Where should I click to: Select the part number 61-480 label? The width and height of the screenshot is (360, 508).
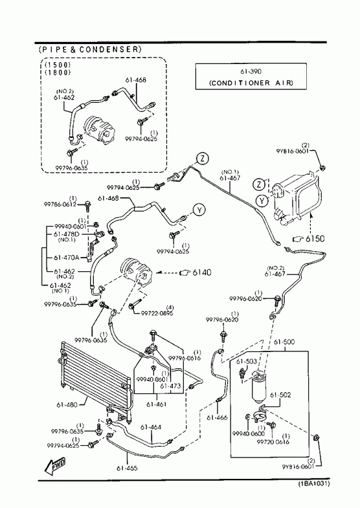[x=67, y=404]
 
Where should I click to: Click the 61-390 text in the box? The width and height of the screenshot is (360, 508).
[x=251, y=72]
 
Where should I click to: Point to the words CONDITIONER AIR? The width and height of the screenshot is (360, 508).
[x=251, y=83]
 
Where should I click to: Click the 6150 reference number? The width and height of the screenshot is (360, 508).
[x=315, y=239]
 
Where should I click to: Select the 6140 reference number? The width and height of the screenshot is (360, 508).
[x=201, y=272]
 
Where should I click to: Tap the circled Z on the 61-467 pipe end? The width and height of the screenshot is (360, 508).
[x=203, y=159]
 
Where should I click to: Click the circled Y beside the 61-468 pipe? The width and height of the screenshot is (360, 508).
[x=199, y=210]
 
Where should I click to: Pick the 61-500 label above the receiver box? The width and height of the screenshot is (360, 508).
[x=284, y=342]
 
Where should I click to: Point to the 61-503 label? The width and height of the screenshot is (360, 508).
[x=246, y=361]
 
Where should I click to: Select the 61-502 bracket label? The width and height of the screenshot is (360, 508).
[x=280, y=395]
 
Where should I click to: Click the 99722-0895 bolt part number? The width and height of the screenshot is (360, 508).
[x=157, y=313]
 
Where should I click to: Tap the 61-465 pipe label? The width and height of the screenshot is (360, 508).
[x=127, y=468]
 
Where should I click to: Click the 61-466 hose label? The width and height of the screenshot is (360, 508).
[x=217, y=417]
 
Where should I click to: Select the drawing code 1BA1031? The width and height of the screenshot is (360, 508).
[x=314, y=483]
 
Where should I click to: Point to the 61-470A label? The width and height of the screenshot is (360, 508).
[x=67, y=258]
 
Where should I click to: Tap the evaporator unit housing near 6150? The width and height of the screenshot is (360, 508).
[x=297, y=197]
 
